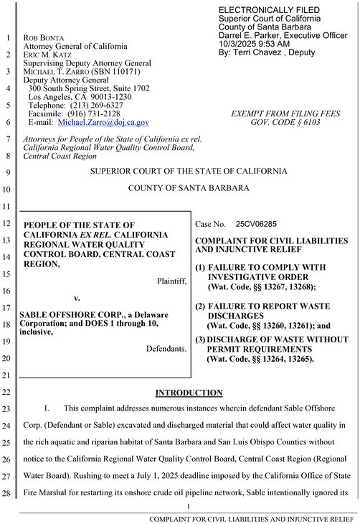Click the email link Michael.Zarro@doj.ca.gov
(x=103, y=123)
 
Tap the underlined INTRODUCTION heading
(x=189, y=393)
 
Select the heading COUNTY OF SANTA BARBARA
(x=189, y=189)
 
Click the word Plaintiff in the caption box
(x=171, y=281)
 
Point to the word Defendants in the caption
(x=166, y=349)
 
